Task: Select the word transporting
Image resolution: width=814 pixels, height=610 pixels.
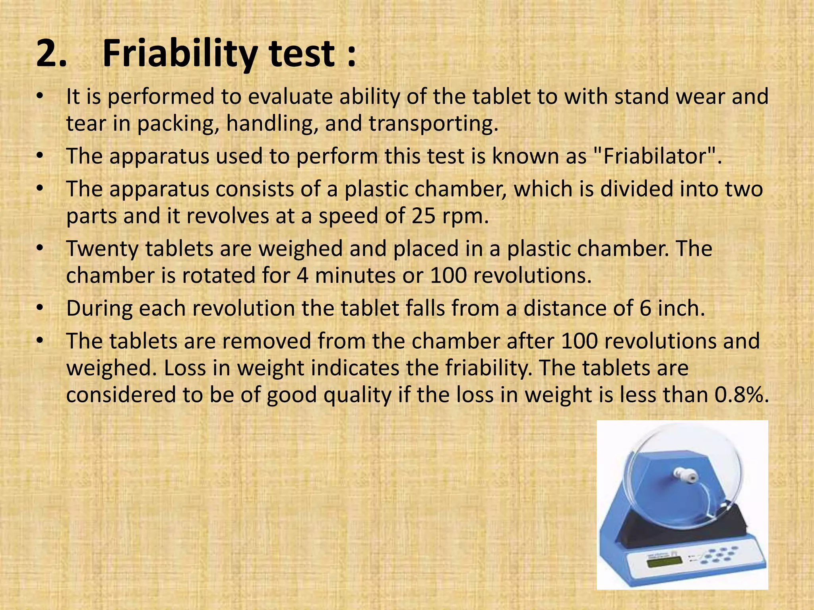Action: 434,124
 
